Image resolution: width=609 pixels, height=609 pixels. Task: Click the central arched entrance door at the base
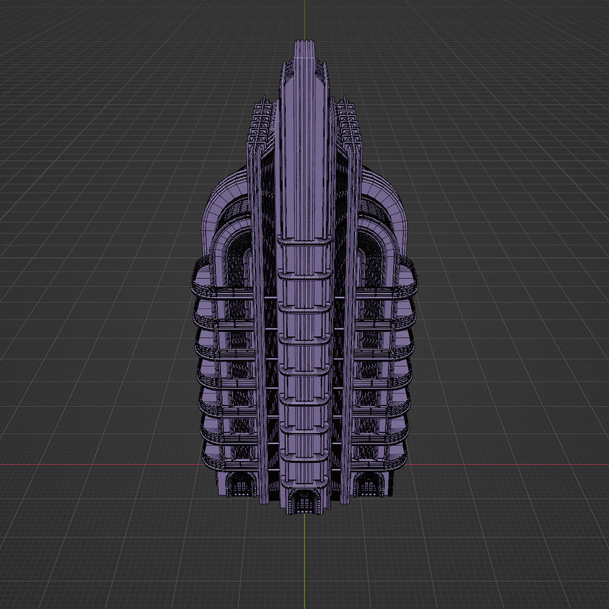pyautogui.click(x=304, y=502)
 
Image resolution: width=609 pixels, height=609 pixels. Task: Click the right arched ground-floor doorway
pyautogui.click(x=367, y=486)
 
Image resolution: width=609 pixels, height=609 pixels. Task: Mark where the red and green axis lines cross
pyautogui.click(x=304, y=464)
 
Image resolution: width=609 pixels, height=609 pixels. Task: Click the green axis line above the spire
pyautogui.click(x=304, y=20)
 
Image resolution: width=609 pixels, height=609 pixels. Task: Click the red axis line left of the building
pyautogui.click(x=101, y=464)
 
